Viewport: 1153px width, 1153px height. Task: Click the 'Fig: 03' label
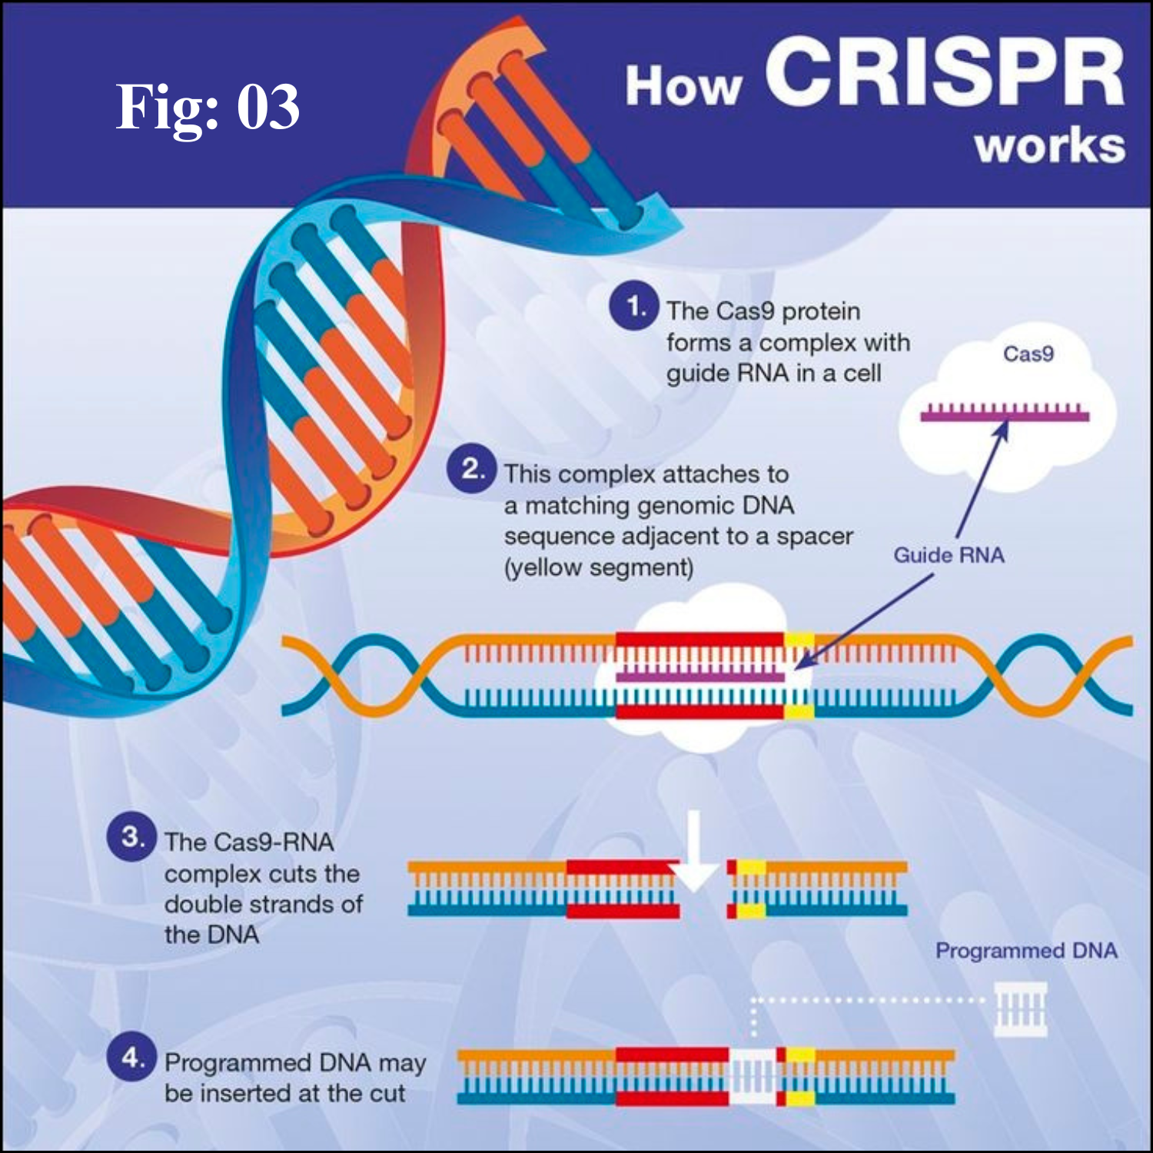(x=208, y=108)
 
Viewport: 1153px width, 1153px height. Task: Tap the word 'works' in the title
(x=1050, y=146)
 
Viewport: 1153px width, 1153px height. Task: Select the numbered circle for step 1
(x=633, y=307)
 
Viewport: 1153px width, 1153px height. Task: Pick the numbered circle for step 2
(x=471, y=469)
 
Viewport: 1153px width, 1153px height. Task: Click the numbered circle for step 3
(x=131, y=836)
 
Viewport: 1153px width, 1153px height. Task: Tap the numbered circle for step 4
(x=131, y=1058)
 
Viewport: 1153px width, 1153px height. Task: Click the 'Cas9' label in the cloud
(x=1028, y=354)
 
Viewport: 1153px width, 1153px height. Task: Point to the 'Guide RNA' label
(x=949, y=555)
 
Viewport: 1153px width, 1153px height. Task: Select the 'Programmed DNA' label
(x=1026, y=951)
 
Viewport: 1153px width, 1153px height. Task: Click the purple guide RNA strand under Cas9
(x=1005, y=415)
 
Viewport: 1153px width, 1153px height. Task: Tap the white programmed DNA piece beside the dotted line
(x=1020, y=1009)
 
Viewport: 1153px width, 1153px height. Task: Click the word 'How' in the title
(x=683, y=86)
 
